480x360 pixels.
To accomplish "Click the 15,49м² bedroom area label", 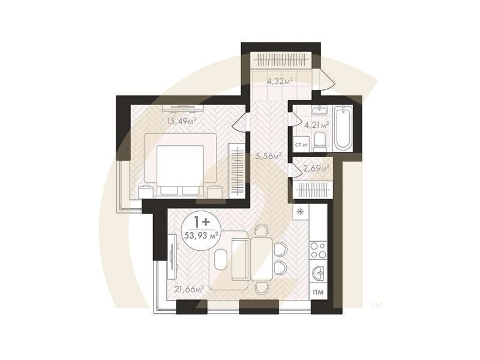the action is (x=182, y=121).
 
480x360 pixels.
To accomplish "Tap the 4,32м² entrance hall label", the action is (x=280, y=81).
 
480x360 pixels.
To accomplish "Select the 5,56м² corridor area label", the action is (x=268, y=156).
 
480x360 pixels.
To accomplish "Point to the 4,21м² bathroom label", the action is (x=317, y=124).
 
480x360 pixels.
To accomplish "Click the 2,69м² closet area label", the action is (x=316, y=168).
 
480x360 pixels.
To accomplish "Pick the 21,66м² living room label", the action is (x=188, y=289).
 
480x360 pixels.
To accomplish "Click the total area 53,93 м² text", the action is (x=201, y=235).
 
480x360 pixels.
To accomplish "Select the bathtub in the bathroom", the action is (x=342, y=128).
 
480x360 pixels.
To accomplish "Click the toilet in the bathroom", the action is (x=320, y=142).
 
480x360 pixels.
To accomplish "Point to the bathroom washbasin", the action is (x=320, y=110).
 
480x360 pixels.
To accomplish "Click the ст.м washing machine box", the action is (x=301, y=145).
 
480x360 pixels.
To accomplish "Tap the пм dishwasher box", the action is (x=319, y=292).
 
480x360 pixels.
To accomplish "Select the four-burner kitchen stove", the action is (x=319, y=250).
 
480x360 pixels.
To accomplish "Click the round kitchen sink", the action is (x=319, y=272).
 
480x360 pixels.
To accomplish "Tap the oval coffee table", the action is (x=221, y=259).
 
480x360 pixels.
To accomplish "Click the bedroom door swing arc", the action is (x=239, y=122).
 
